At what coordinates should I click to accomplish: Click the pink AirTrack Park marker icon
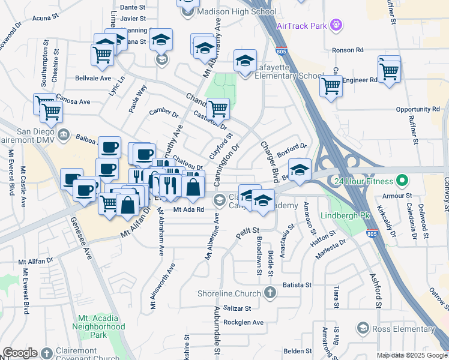337,25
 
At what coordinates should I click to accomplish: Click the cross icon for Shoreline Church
270,293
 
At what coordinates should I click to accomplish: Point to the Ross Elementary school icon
362,328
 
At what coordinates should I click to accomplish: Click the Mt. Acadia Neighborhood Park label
101,322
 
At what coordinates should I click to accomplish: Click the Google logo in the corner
20,353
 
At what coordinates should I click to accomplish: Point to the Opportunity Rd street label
418,109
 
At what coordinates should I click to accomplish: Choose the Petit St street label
247,231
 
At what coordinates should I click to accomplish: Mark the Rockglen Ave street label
243,322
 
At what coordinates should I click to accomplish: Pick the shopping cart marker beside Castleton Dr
218,109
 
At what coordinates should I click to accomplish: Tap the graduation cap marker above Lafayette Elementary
245,61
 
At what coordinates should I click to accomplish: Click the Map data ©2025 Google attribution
411,355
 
